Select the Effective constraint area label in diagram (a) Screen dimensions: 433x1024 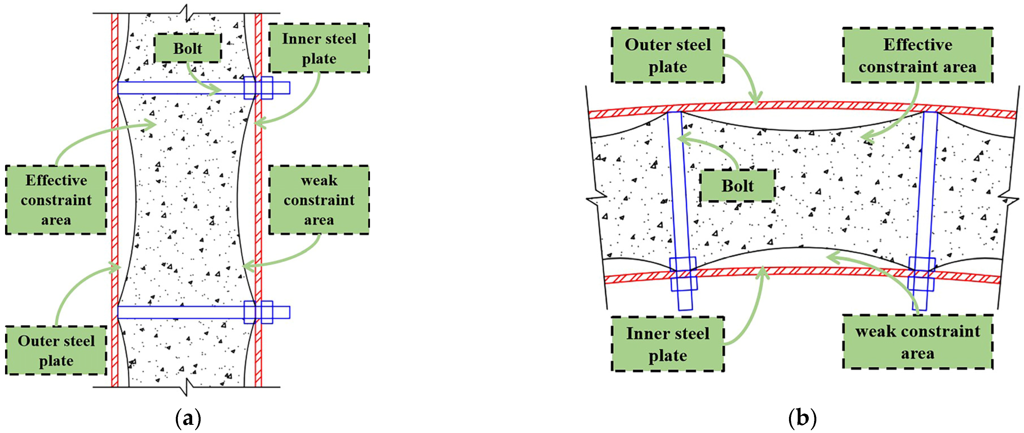click(x=56, y=200)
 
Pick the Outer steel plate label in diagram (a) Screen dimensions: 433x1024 click(x=56, y=350)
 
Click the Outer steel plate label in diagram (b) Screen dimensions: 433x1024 click(x=668, y=55)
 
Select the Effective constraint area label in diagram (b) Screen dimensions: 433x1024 click(x=917, y=55)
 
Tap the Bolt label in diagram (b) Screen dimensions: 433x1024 click(x=737, y=186)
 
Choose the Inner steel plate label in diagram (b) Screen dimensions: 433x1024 click(x=668, y=344)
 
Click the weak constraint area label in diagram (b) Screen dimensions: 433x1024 click(x=917, y=342)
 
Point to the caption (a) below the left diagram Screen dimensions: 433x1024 click(x=188, y=419)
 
